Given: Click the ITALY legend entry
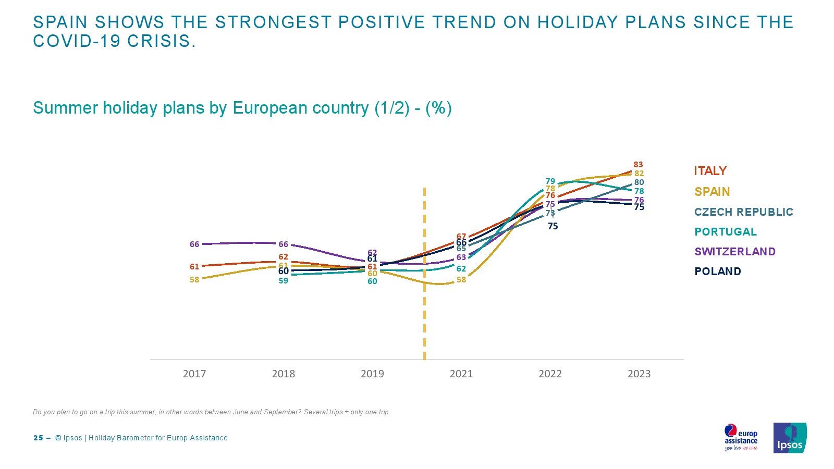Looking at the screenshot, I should click(x=710, y=171).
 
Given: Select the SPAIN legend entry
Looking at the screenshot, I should click(x=712, y=192).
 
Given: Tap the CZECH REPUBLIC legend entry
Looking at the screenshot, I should click(x=743, y=212).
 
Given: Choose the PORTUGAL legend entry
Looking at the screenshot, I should click(x=725, y=232).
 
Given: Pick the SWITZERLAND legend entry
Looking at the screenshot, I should click(x=734, y=252).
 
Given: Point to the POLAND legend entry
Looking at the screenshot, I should click(x=717, y=271).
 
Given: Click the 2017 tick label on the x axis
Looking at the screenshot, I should click(x=194, y=374).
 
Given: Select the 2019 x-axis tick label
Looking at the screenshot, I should click(x=372, y=374).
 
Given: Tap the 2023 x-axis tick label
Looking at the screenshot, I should click(x=639, y=374).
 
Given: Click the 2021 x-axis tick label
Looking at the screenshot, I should click(x=461, y=374).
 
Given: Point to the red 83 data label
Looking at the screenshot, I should click(x=638, y=165).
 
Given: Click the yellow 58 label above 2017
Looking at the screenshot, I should click(x=194, y=280).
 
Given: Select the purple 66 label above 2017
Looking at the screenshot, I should click(x=194, y=244).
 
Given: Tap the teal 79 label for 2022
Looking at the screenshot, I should click(x=550, y=181).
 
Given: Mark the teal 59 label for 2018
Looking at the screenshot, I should click(x=283, y=281).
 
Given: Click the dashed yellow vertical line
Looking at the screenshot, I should click(x=424, y=313).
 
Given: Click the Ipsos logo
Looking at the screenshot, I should click(x=790, y=438).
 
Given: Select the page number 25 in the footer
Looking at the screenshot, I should click(x=38, y=438).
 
